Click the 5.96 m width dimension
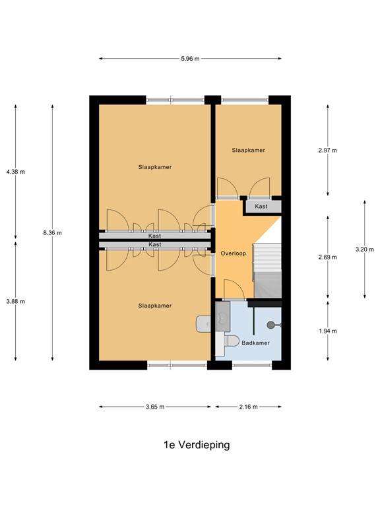click(x=190, y=59)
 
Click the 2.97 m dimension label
click(x=328, y=151)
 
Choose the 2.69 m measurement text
click(x=328, y=257)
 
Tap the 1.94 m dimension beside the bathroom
click(x=328, y=331)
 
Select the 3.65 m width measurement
click(x=154, y=407)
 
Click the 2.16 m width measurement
click(x=249, y=407)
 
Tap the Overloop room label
click(x=233, y=253)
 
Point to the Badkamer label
click(x=254, y=343)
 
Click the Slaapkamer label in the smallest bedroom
click(x=248, y=151)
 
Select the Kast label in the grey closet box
click(x=262, y=207)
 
